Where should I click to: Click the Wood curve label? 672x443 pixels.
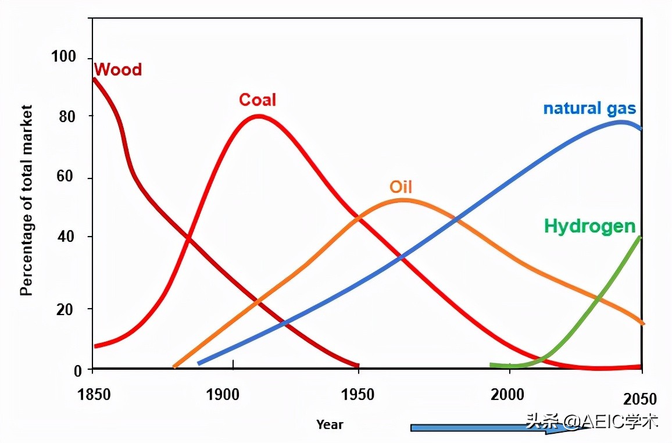coord(118,70)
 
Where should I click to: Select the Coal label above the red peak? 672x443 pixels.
coord(258,100)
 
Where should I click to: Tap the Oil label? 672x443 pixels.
coord(401,187)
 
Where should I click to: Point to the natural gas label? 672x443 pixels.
coord(589,109)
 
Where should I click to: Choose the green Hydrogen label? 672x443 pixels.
coord(590,226)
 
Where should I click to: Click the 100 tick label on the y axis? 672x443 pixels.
coord(63,57)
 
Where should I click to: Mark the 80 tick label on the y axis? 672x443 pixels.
coord(67,116)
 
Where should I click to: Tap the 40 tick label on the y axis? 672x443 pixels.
coord(67,237)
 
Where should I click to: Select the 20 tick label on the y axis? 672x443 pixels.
coord(67,309)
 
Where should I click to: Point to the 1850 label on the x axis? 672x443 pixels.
coord(94,396)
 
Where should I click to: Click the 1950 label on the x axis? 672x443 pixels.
coord(358,396)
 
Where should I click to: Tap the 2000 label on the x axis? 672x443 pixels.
coord(507,396)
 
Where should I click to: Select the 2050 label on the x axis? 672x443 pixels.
coord(639,399)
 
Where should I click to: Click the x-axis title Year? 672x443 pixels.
coord(330,424)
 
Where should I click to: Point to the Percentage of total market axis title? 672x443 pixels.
coord(26,200)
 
